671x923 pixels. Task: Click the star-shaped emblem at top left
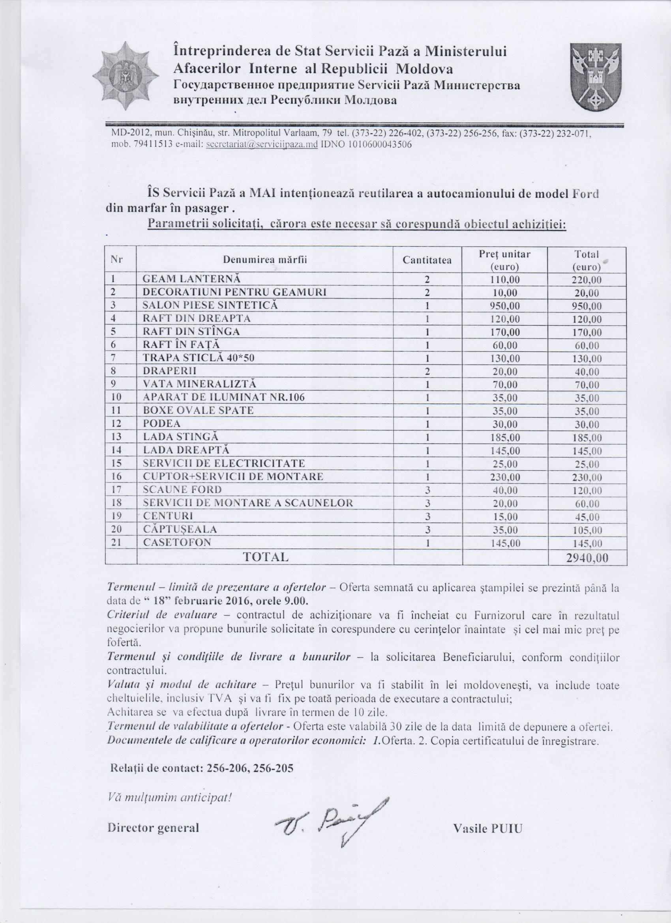point(125,76)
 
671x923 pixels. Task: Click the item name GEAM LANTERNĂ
point(191,279)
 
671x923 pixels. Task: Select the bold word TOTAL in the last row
point(266,557)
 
